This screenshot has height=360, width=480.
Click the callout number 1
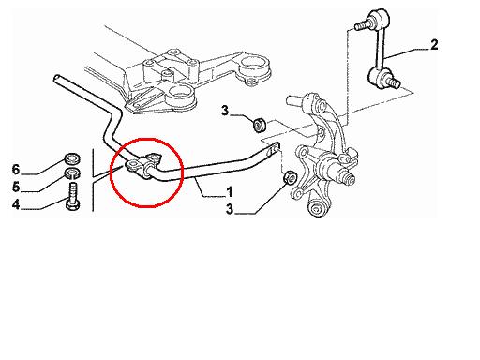[x=230, y=192]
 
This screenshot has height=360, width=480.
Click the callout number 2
[x=434, y=45]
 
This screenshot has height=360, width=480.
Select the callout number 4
[x=16, y=205]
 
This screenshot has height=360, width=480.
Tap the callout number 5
[x=16, y=187]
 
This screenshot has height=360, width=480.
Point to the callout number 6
[x=16, y=170]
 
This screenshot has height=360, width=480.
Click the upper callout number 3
[x=225, y=111]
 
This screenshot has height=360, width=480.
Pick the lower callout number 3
[x=230, y=209]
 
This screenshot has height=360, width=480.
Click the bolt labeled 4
[x=72, y=196]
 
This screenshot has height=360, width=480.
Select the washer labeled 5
[x=72, y=172]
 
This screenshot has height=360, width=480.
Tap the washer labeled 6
[x=72, y=158]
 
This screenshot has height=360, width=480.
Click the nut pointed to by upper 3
[x=259, y=125]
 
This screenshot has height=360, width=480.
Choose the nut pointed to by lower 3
[x=290, y=177]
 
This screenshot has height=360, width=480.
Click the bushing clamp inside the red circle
[x=143, y=165]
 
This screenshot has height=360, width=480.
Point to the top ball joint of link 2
[x=379, y=18]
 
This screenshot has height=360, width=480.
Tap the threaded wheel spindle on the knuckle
[x=348, y=176]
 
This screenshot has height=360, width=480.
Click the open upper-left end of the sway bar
[x=56, y=78]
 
